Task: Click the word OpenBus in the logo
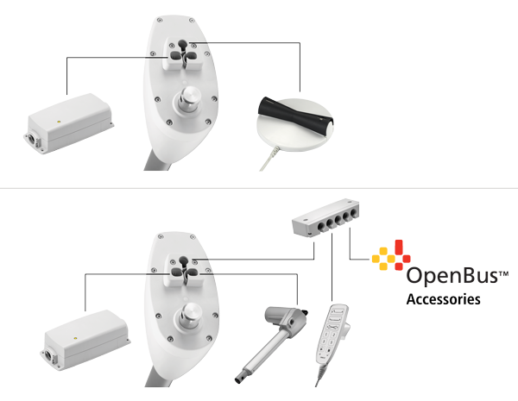[452, 276]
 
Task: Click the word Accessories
[444, 299]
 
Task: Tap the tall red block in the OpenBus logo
[399, 247]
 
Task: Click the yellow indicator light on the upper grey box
[59, 122]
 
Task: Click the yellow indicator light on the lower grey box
[75, 338]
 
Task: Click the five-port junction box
[325, 217]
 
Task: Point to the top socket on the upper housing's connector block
[182, 44]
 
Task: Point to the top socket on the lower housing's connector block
[183, 260]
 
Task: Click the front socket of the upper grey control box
[32, 139]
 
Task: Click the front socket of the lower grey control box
[49, 356]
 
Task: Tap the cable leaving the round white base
[269, 159]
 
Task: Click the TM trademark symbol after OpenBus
[503, 273]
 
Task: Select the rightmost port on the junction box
[353, 212]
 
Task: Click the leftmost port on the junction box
[321, 227]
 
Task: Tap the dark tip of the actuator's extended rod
[238, 379]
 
